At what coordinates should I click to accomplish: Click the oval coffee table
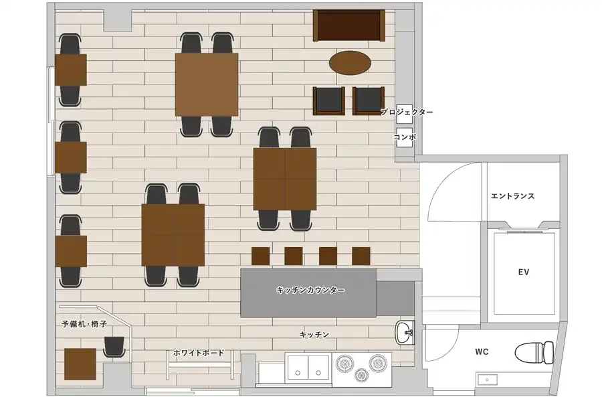click(350, 62)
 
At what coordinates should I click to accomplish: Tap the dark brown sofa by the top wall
click(348, 25)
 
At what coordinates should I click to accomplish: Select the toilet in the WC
click(534, 352)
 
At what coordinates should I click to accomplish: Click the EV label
click(523, 272)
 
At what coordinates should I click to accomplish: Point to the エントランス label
click(512, 196)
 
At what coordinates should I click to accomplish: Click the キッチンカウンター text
click(310, 290)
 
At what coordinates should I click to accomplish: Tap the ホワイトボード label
click(199, 352)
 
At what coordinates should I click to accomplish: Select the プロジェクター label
click(407, 112)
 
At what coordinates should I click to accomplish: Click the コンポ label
click(405, 137)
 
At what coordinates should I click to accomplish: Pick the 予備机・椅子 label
click(84, 324)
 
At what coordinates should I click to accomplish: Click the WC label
click(482, 351)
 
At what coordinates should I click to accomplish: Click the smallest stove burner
click(361, 374)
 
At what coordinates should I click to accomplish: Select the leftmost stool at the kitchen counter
click(261, 256)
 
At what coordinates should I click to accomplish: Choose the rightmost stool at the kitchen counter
click(361, 256)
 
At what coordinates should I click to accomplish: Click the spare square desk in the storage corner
click(80, 364)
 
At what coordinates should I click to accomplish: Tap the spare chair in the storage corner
click(114, 346)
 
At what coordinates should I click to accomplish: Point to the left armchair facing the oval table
click(328, 101)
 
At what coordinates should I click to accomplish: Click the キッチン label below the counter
click(314, 335)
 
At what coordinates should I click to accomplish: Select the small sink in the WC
click(488, 380)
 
